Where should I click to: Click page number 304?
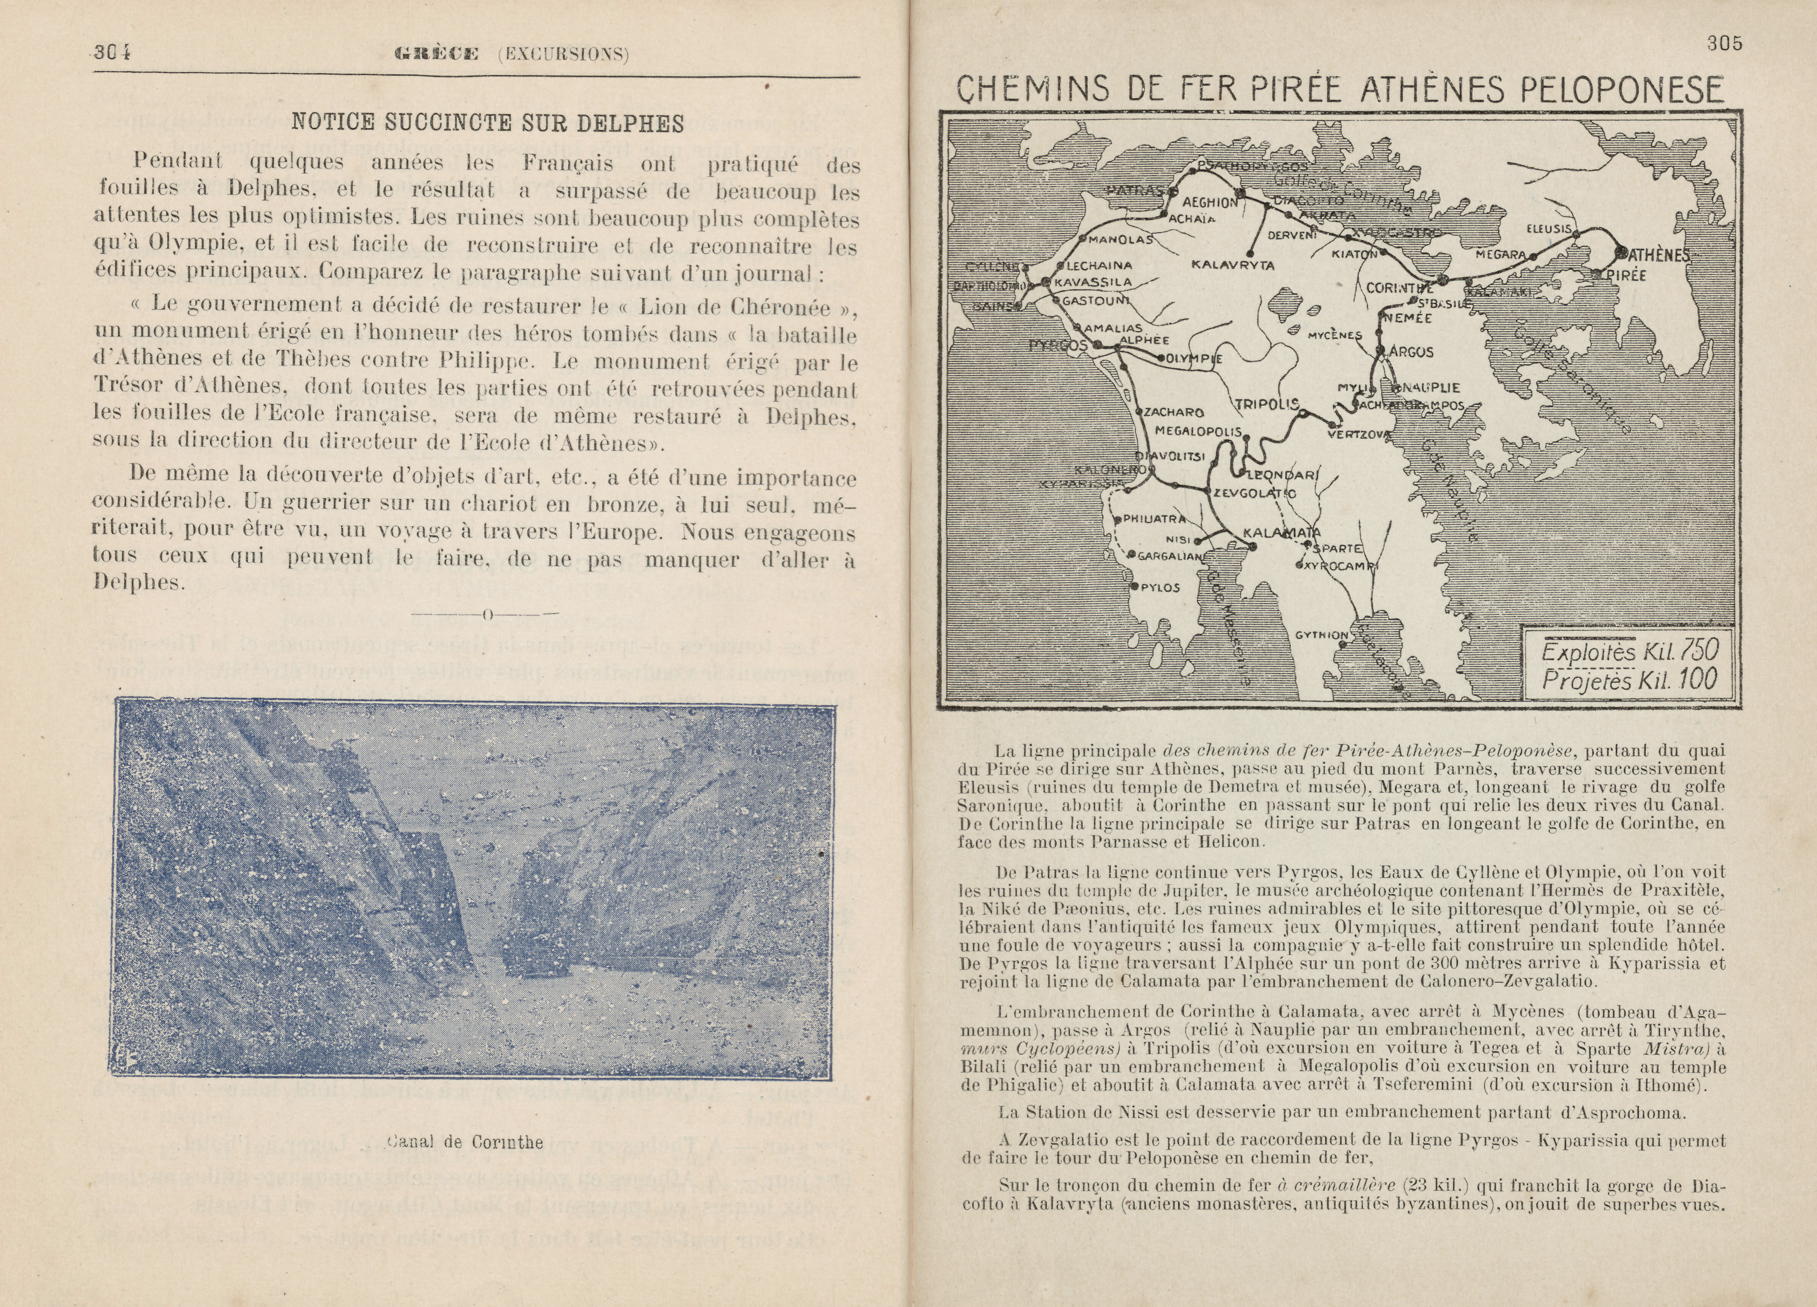click(x=112, y=54)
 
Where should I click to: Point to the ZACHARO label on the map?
click(x=1174, y=413)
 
